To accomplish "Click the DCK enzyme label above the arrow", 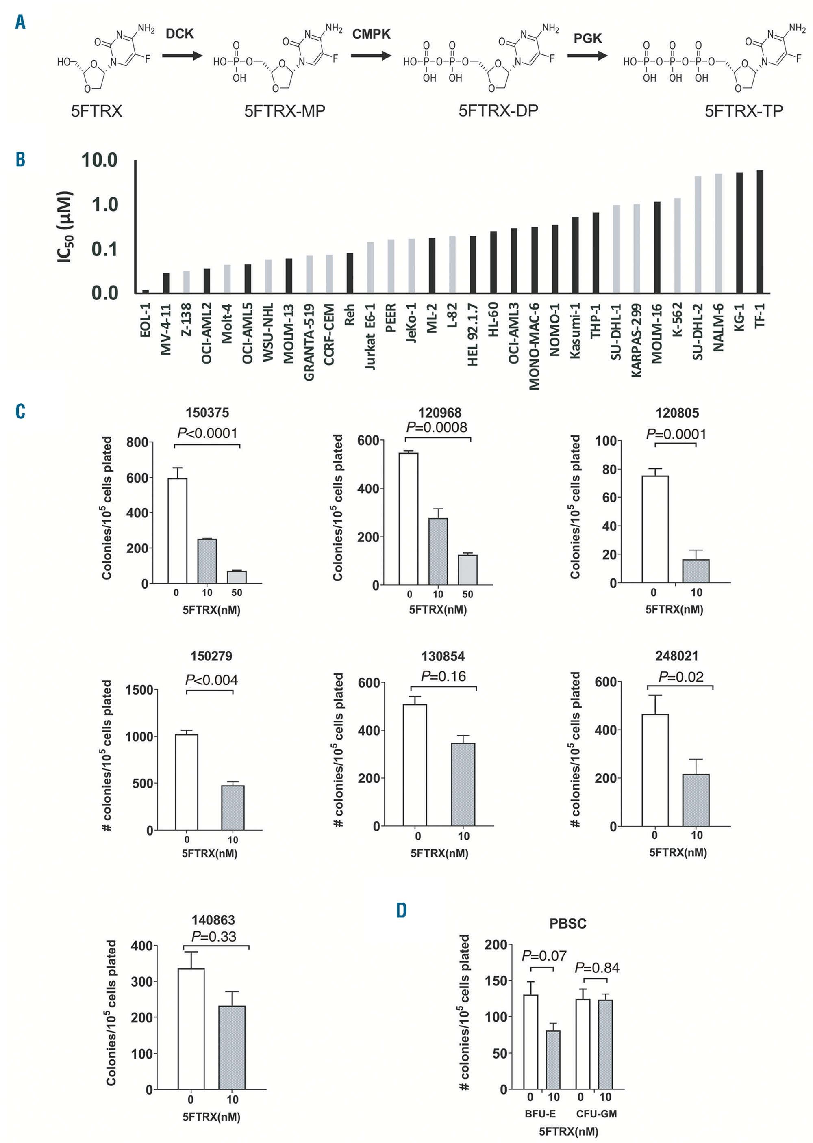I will [180, 34].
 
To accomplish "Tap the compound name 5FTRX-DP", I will [498, 110].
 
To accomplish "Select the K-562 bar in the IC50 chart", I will [677, 245].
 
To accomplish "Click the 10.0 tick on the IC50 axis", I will [99, 160].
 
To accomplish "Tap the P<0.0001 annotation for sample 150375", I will [207, 433].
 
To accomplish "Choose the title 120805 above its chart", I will [677, 413].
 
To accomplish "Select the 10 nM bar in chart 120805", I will [696, 571].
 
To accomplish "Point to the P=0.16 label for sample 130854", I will [443, 676].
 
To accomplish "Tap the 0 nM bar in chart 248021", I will [655, 770].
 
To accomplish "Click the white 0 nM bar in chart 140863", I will [191, 1028].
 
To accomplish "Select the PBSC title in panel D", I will [568, 923].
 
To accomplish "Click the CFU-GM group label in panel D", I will [596, 1113].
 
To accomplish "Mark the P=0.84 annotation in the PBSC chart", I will [597, 968].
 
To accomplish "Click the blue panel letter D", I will [402, 910].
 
